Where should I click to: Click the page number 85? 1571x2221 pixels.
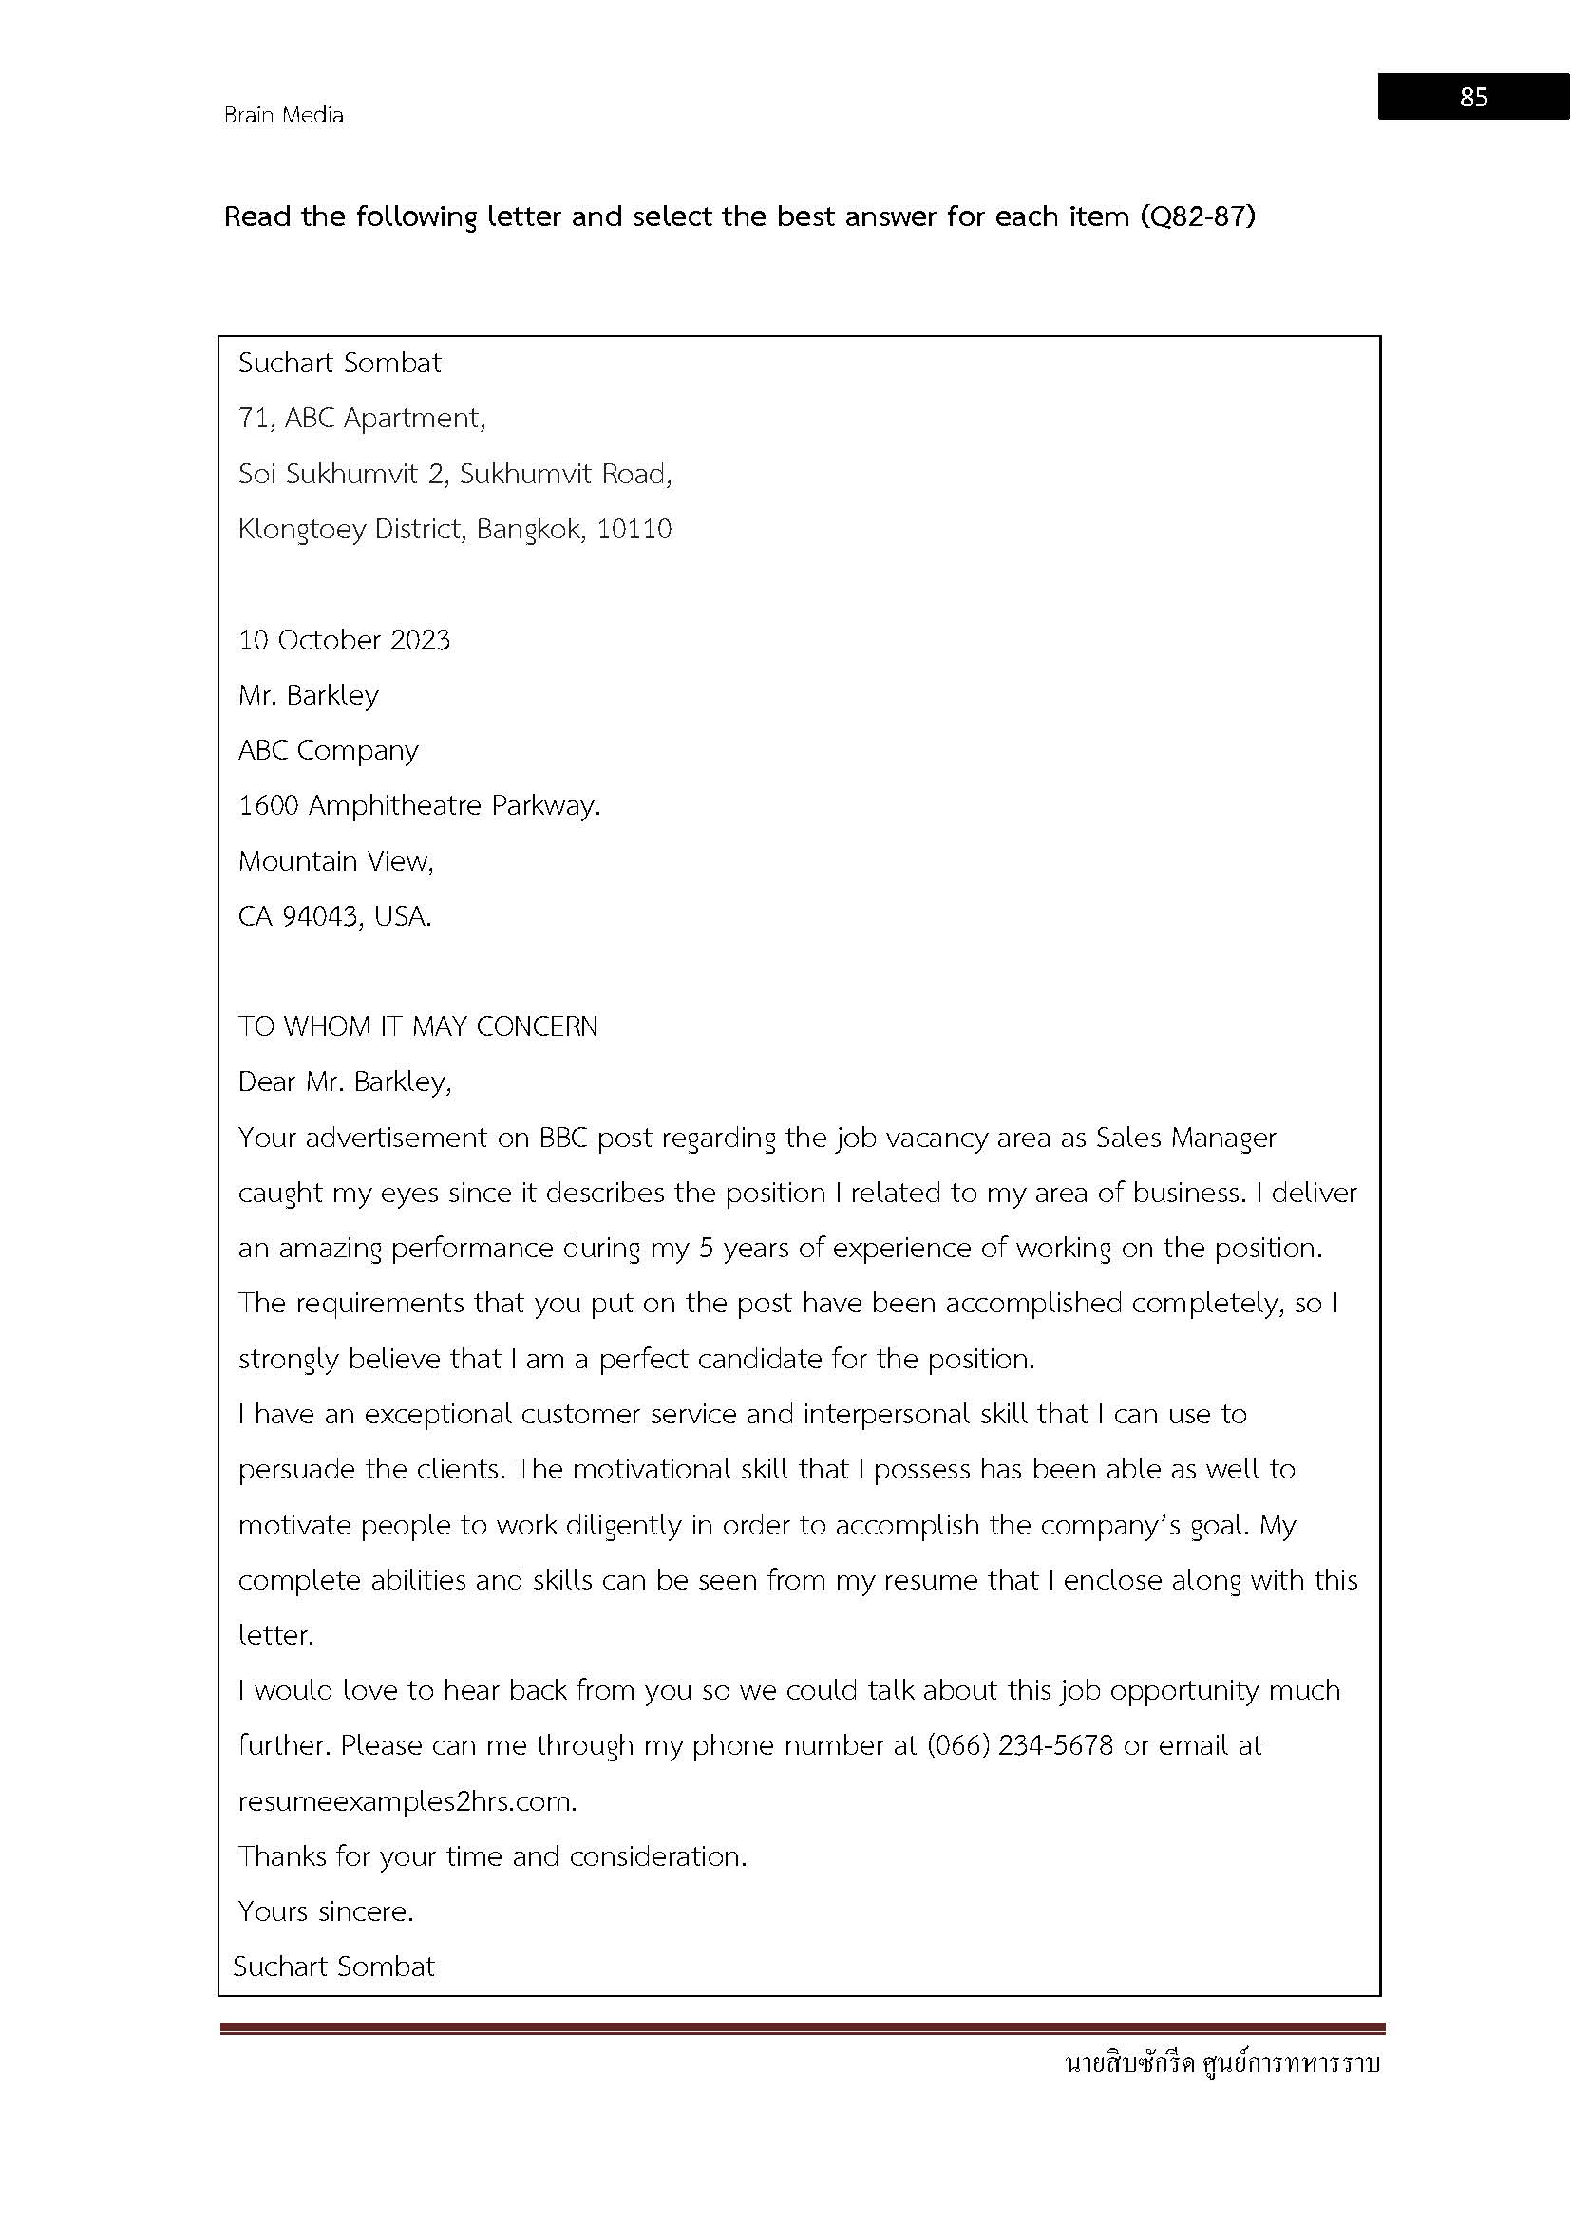tap(1473, 97)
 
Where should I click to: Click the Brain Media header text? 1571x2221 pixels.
tap(283, 115)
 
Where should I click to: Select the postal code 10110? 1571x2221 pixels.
tap(634, 529)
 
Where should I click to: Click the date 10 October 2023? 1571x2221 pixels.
tap(345, 639)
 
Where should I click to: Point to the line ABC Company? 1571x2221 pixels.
tap(328, 750)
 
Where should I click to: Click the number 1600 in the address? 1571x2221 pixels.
tap(268, 805)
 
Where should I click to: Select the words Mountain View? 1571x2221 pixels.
tap(334, 860)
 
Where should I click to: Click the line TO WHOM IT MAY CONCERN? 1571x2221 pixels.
tap(418, 1026)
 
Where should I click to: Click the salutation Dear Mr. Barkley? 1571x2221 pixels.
tap(345, 1081)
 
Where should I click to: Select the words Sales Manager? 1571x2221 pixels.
tap(1186, 1137)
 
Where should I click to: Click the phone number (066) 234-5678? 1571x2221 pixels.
tap(1019, 1745)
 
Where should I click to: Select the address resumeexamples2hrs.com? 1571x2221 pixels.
tap(407, 1801)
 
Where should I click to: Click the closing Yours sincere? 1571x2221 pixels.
tap(325, 1910)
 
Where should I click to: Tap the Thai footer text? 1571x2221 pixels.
tap(1221, 2062)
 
